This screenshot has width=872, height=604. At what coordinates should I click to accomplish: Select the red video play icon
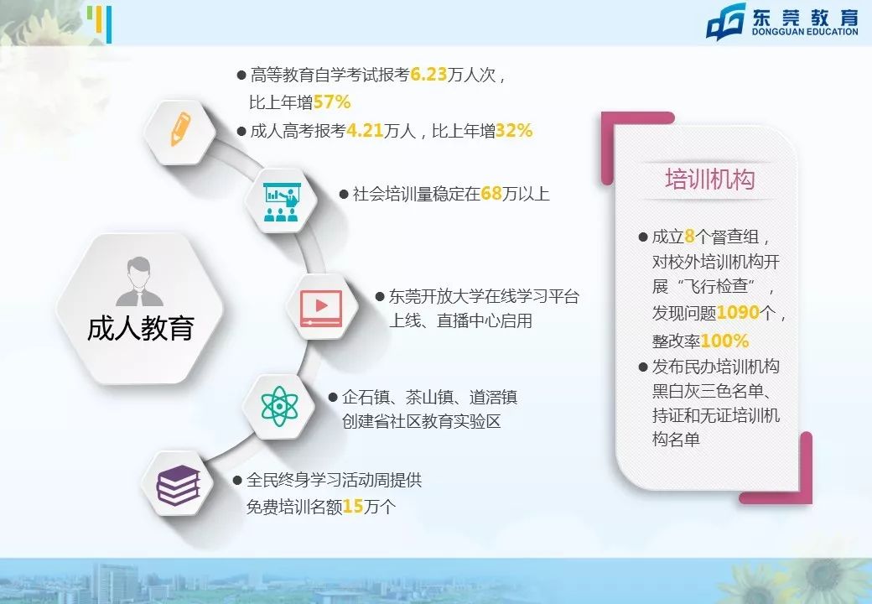(320, 307)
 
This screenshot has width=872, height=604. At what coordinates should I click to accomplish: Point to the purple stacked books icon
(179, 485)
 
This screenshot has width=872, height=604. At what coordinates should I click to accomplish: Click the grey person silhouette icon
(140, 282)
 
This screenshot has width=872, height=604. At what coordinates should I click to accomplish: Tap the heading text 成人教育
(140, 328)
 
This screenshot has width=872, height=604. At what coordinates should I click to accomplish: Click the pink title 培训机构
(709, 180)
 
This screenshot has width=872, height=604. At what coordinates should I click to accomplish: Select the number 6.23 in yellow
(432, 75)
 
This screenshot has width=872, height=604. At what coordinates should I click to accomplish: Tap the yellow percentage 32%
(514, 131)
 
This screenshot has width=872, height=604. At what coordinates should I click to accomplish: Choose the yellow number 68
(490, 194)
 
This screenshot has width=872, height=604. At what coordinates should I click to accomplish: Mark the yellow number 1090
(738, 314)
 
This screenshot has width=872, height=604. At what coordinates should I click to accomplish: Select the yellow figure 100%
(724, 341)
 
